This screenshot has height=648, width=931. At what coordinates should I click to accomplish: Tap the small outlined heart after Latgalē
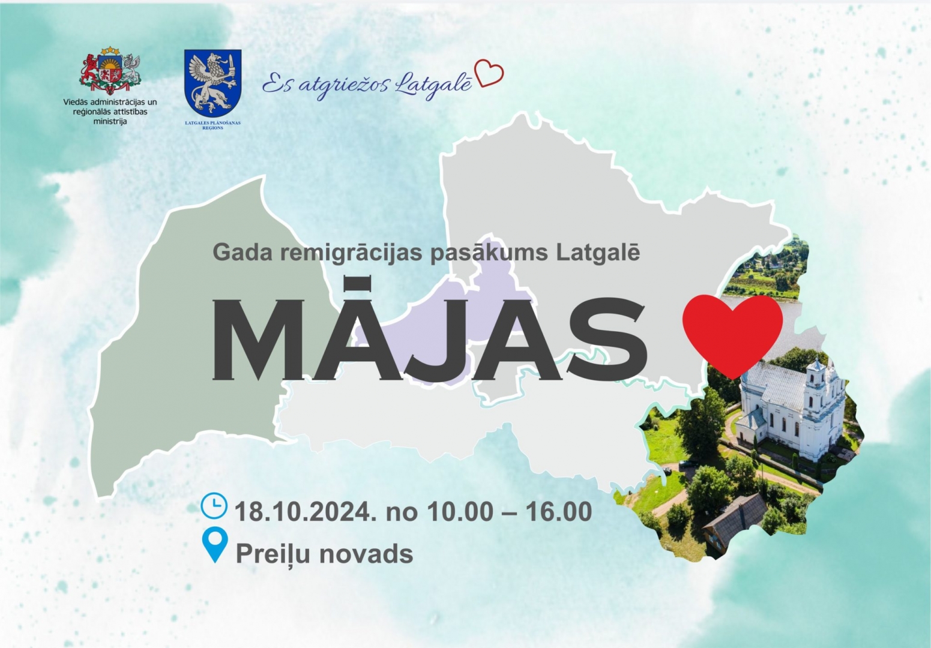pyautogui.click(x=489, y=73)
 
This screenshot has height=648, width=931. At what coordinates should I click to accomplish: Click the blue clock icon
pyautogui.click(x=214, y=506)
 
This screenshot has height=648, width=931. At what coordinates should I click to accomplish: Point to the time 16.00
pyautogui.click(x=559, y=511)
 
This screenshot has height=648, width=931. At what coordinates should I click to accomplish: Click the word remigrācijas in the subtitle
pyautogui.click(x=352, y=253)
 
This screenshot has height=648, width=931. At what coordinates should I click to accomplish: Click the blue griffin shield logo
pyautogui.click(x=212, y=83)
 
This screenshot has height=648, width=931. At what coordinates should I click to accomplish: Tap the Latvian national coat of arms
pyautogui.click(x=110, y=71)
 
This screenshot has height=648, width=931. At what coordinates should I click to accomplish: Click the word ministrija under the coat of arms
pyautogui.click(x=110, y=122)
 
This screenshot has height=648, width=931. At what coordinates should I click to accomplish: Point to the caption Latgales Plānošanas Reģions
pyautogui.click(x=213, y=125)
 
